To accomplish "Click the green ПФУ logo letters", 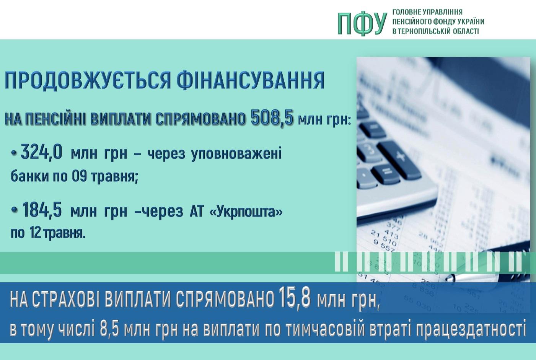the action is [x=362, y=23].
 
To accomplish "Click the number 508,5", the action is [x=272, y=118].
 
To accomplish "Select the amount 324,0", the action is [x=41, y=152].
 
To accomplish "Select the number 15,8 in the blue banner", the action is [x=294, y=298].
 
